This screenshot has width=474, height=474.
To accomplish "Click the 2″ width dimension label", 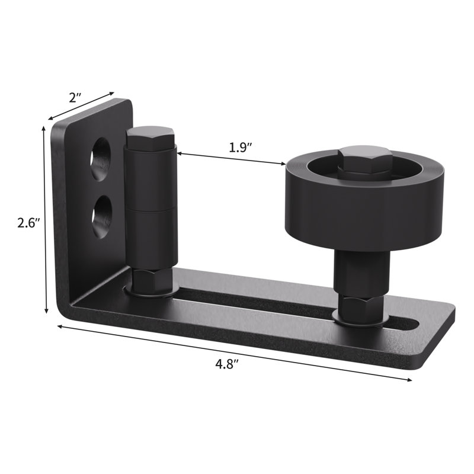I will tap(76, 97).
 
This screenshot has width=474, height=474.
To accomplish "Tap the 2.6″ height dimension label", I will tap(28, 223).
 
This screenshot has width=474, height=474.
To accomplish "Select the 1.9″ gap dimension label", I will tap(241, 147).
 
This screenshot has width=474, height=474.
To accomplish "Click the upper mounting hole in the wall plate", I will tap(100, 159).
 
